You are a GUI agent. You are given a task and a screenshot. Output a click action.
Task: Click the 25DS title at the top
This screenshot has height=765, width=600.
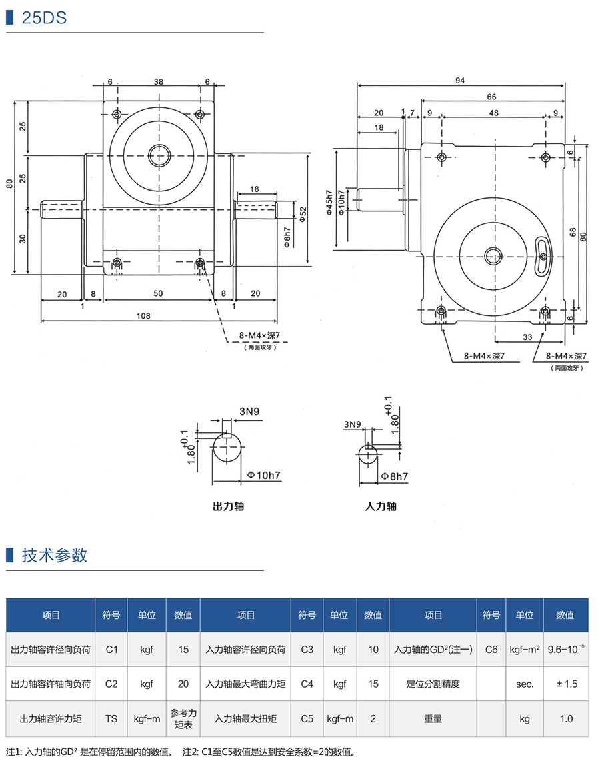click(x=44, y=18)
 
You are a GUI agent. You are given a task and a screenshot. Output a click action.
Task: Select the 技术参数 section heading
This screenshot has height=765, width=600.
click(x=55, y=555)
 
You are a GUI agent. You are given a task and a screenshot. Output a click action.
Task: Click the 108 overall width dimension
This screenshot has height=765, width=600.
click(x=143, y=315)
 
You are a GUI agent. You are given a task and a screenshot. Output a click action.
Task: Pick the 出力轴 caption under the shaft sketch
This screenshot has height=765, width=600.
click(x=228, y=506)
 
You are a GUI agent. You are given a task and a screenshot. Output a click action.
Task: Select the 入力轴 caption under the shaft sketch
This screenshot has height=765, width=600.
click(x=381, y=506)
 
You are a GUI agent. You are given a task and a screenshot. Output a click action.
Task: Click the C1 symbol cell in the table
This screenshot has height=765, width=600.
click(x=111, y=649)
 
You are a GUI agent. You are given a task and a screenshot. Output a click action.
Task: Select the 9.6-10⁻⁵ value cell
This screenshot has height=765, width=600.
click(x=565, y=649)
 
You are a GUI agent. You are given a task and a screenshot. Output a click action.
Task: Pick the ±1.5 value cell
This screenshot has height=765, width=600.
click(x=565, y=684)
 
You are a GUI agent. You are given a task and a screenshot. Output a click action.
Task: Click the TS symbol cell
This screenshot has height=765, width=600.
click(x=111, y=719)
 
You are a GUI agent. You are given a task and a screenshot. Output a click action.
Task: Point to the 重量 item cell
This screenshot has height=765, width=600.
click(x=433, y=719)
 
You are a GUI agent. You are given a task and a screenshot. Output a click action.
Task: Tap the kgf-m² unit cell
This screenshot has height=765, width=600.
click(x=525, y=649)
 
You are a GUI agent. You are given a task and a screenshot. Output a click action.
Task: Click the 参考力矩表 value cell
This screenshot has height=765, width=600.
click(x=183, y=718)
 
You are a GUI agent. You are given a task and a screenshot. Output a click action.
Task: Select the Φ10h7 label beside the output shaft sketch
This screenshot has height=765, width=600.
click(x=263, y=475)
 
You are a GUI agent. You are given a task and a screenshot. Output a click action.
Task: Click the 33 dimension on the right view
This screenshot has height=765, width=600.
click(x=527, y=337)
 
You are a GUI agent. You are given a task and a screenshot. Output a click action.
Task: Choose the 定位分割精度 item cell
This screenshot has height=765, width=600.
click(x=433, y=684)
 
